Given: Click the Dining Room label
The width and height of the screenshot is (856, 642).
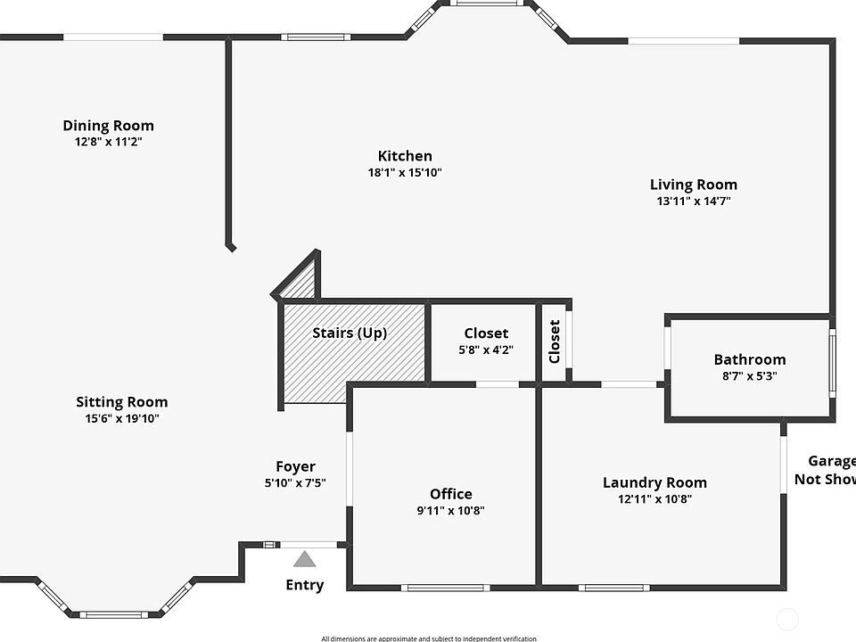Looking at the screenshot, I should (x=108, y=126).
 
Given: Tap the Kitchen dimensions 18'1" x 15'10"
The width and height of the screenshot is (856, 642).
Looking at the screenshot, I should (x=405, y=172).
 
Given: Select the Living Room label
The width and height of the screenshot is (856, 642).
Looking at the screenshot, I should (x=693, y=185).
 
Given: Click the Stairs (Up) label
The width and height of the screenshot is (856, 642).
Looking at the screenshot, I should (x=350, y=333).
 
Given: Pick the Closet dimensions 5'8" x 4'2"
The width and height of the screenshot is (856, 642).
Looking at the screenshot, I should (x=486, y=350).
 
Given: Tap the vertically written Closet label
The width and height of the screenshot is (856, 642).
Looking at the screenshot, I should (x=555, y=342).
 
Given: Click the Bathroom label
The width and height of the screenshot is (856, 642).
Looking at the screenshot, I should (x=749, y=359).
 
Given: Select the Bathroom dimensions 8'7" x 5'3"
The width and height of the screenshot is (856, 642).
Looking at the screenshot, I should (x=749, y=376).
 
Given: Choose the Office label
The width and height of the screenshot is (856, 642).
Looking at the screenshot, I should (x=450, y=494).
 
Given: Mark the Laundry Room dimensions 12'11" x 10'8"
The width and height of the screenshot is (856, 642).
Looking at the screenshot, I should (x=654, y=499).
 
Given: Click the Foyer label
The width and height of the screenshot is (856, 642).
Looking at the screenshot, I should (x=295, y=466).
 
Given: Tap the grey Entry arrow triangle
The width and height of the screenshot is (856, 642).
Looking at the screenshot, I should (x=305, y=560).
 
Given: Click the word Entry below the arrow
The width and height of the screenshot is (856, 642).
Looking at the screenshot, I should (x=304, y=585).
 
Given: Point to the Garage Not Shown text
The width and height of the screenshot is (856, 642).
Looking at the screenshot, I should (x=825, y=470).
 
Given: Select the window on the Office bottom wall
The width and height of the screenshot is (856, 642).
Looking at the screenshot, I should (x=445, y=588).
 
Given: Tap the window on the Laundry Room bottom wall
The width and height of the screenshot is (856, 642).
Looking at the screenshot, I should (x=613, y=588).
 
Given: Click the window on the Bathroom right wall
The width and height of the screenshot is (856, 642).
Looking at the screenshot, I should (x=832, y=363).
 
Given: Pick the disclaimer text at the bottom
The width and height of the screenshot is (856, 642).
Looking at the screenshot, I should (x=429, y=638).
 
